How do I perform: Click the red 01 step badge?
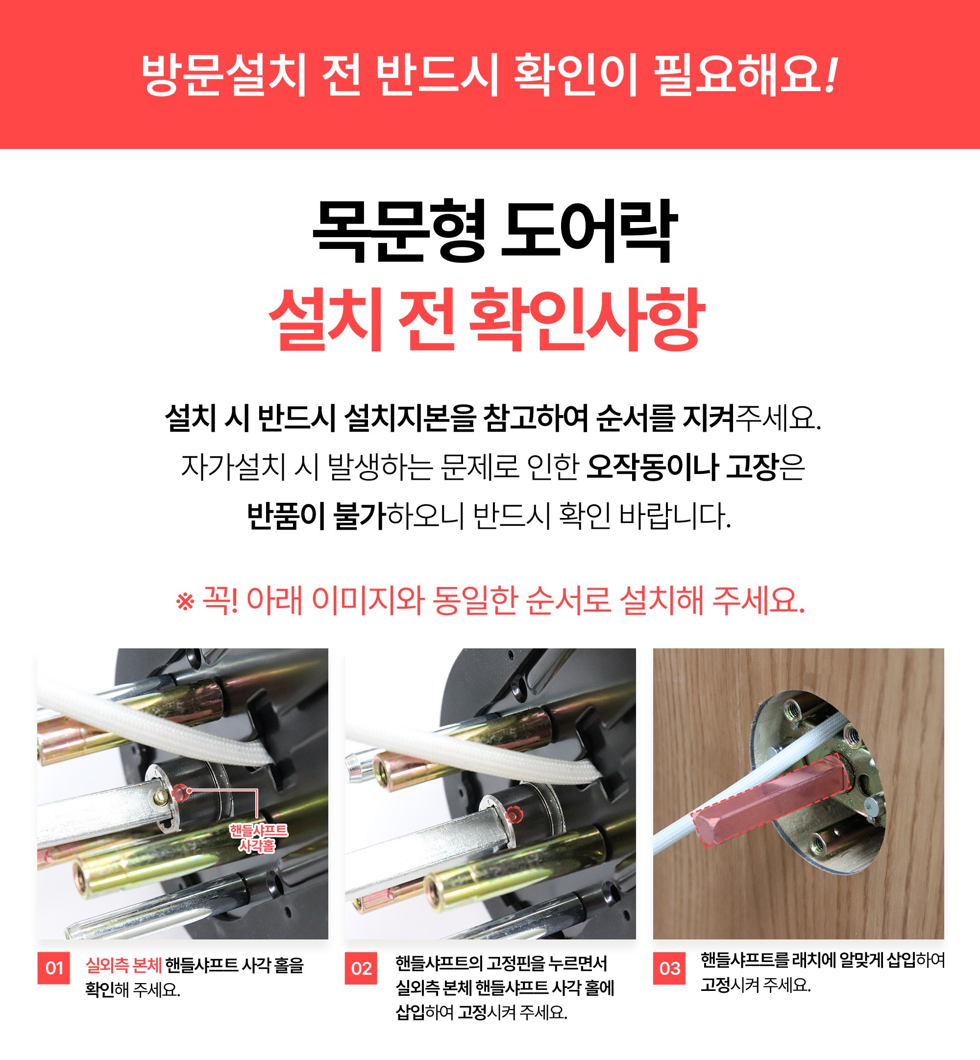click(x=53, y=968)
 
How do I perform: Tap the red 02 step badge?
click(x=361, y=968)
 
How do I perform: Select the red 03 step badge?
click(x=669, y=968)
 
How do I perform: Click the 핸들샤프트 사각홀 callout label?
click(x=258, y=838)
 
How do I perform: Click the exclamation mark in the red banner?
click(x=831, y=75)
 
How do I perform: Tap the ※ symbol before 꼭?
click(x=185, y=602)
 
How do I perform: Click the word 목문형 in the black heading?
click(x=399, y=231)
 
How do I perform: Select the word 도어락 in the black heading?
click(x=589, y=231)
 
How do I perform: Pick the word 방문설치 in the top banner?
click(x=224, y=75)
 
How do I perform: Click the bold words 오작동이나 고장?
click(x=683, y=467)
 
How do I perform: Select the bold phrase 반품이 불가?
click(x=316, y=516)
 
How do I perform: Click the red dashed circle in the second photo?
click(x=514, y=814)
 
